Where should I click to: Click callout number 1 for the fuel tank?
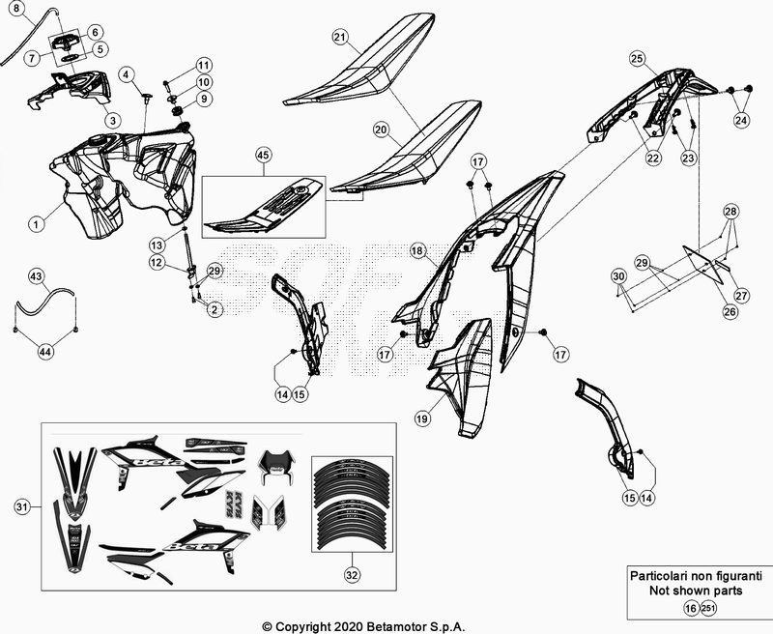pos(35,223)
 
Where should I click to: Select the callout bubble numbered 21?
pos(340,37)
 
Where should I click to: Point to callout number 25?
pos(637,59)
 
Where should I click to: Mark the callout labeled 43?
pos(36,277)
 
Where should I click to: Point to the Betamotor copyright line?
pos(386,626)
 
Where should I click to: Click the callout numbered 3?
pos(112,120)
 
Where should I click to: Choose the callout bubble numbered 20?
pos(381,128)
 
